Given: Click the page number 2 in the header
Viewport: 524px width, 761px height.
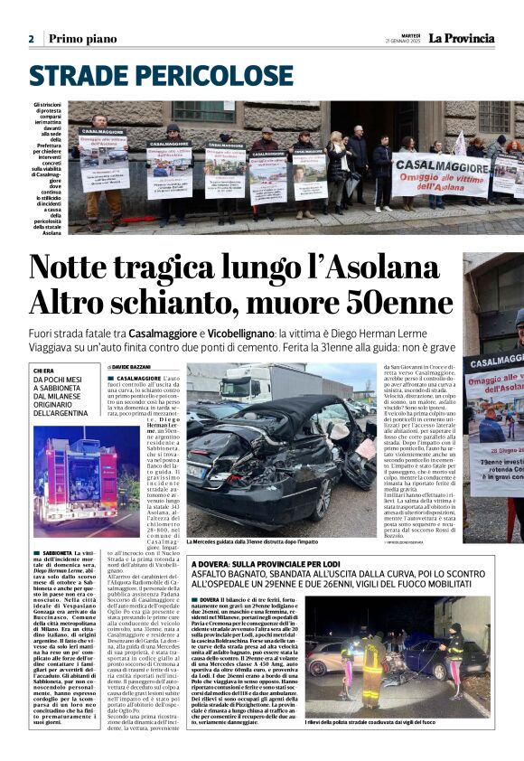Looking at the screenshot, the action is click(x=31, y=39).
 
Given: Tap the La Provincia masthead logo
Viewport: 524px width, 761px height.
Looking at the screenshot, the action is click(x=461, y=38).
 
